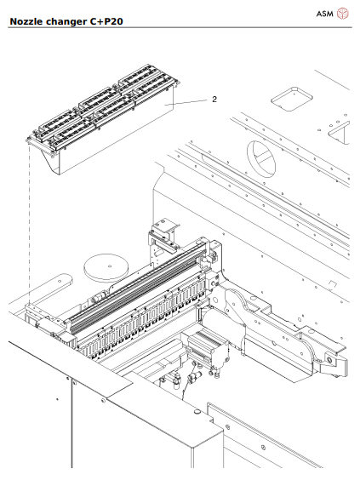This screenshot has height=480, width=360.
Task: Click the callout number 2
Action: (214, 99)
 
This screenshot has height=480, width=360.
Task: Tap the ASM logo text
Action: (324, 13)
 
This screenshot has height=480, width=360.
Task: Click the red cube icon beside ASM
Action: (343, 13)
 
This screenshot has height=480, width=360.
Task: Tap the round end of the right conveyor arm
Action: (327, 363)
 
